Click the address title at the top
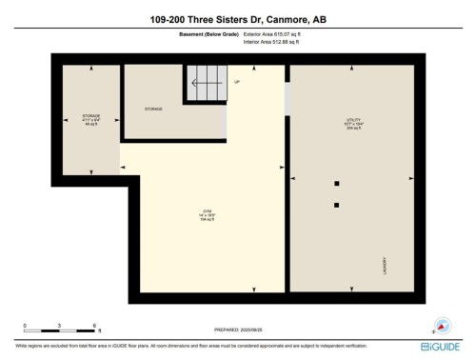tap(238, 18)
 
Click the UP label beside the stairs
tap(237, 82)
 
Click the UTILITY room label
tap(353, 123)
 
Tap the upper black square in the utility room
tap(336, 183)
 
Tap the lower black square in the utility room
tap(336, 204)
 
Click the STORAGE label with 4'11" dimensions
tap(91, 119)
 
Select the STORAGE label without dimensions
tap(153, 109)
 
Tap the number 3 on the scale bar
tap(59, 325)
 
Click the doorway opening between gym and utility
tap(288, 99)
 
